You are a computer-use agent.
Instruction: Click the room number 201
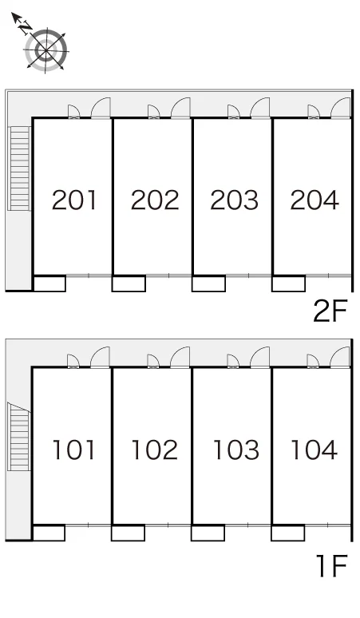click(74, 200)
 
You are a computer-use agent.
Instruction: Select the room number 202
click(155, 200)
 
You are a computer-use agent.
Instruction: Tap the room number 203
click(235, 200)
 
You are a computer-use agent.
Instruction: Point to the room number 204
click(315, 200)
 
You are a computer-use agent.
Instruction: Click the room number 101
click(73, 450)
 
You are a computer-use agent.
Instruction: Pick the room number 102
click(154, 450)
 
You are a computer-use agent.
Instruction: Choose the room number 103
click(236, 450)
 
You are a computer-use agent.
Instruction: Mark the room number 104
click(314, 450)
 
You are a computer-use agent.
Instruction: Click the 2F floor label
click(330, 311)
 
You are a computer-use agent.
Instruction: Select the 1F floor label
click(332, 566)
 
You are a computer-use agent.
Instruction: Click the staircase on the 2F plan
click(20, 168)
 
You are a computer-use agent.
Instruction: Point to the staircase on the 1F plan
click(19, 437)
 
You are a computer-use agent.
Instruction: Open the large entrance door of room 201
click(101, 108)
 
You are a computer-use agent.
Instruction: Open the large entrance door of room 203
click(260, 108)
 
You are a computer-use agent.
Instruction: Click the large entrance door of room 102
click(180, 357)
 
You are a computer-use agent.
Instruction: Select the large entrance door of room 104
click(340, 357)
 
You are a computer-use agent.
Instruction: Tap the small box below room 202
click(129, 283)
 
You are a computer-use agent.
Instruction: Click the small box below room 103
click(208, 533)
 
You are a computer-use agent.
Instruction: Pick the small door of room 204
click(313, 112)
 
